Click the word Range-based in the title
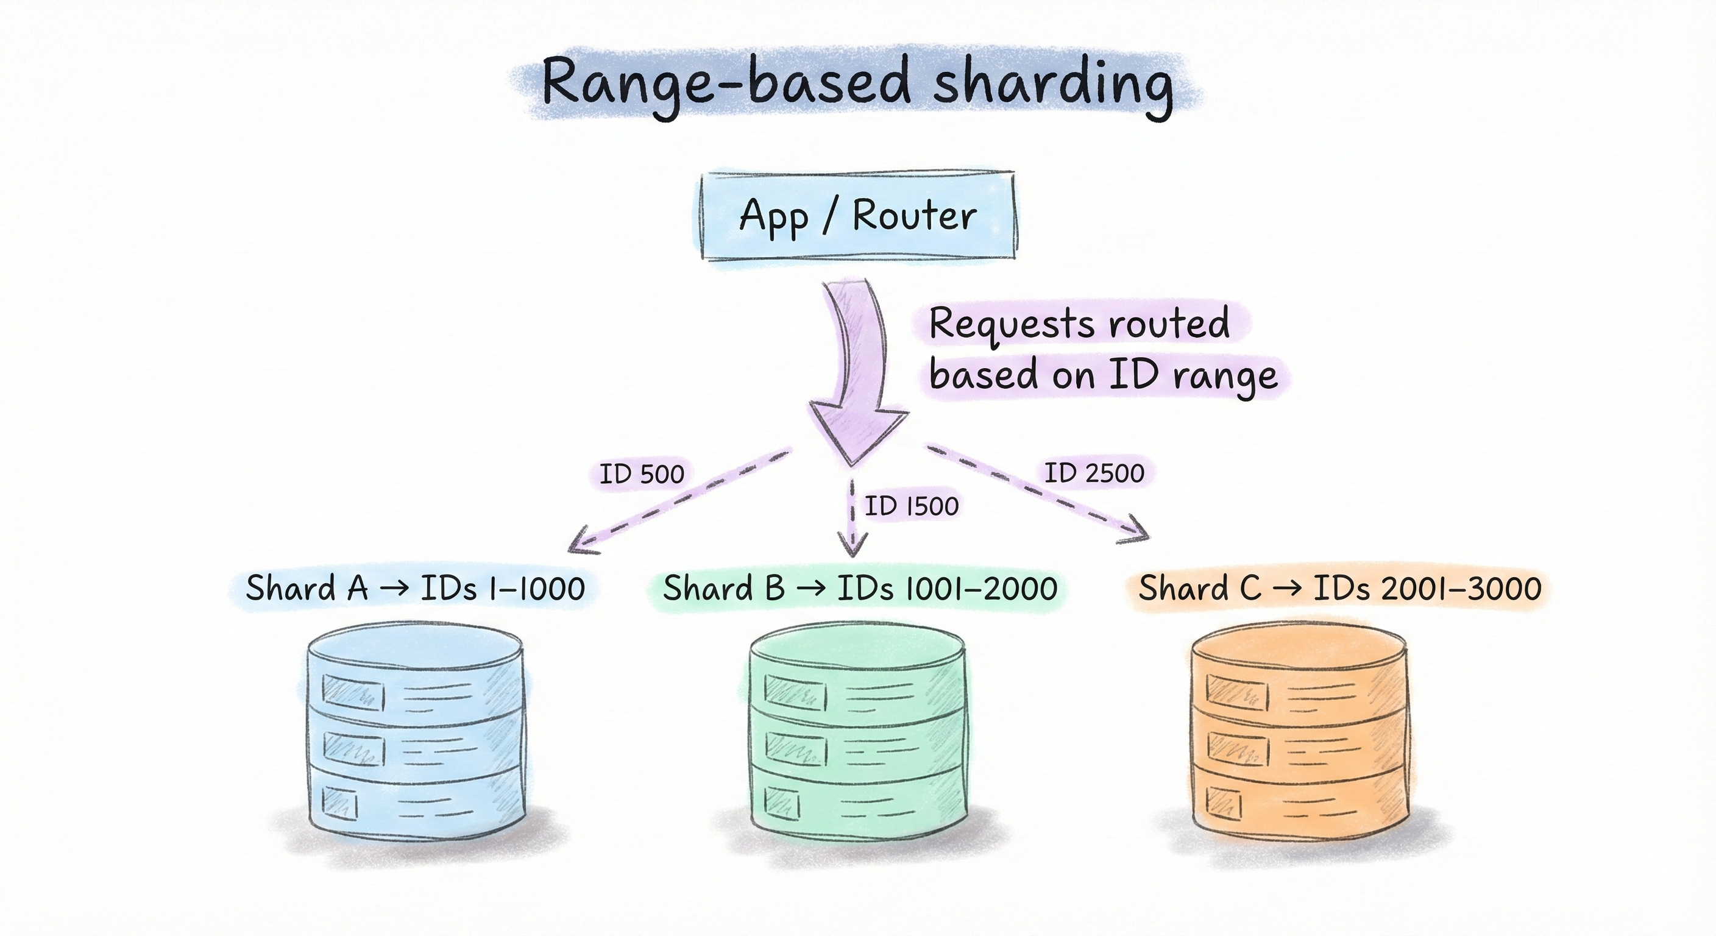(x=726, y=83)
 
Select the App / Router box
(x=858, y=215)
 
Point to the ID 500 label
(x=642, y=474)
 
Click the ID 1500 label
(x=911, y=506)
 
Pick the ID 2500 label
(x=1094, y=473)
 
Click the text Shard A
(x=307, y=587)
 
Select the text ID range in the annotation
(x=1193, y=375)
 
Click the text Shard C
(x=1199, y=587)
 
